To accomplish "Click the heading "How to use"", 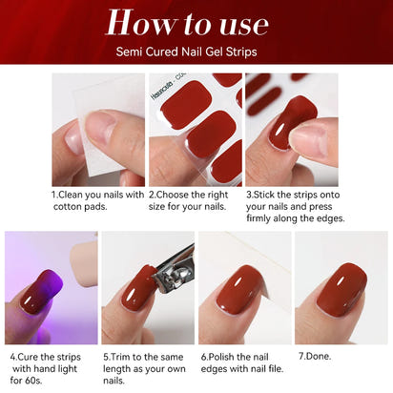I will (196, 22).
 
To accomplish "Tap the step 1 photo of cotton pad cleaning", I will (97, 130).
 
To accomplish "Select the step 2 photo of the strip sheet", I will (195, 130).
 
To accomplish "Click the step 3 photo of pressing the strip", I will (292, 130).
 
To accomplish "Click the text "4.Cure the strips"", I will (49, 356).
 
